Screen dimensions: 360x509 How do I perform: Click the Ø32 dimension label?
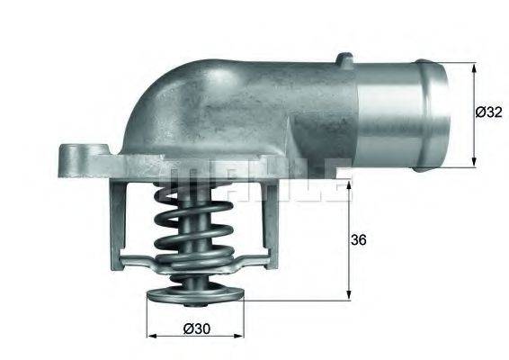[488, 112]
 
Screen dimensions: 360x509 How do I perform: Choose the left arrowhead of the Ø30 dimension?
[151, 334]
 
